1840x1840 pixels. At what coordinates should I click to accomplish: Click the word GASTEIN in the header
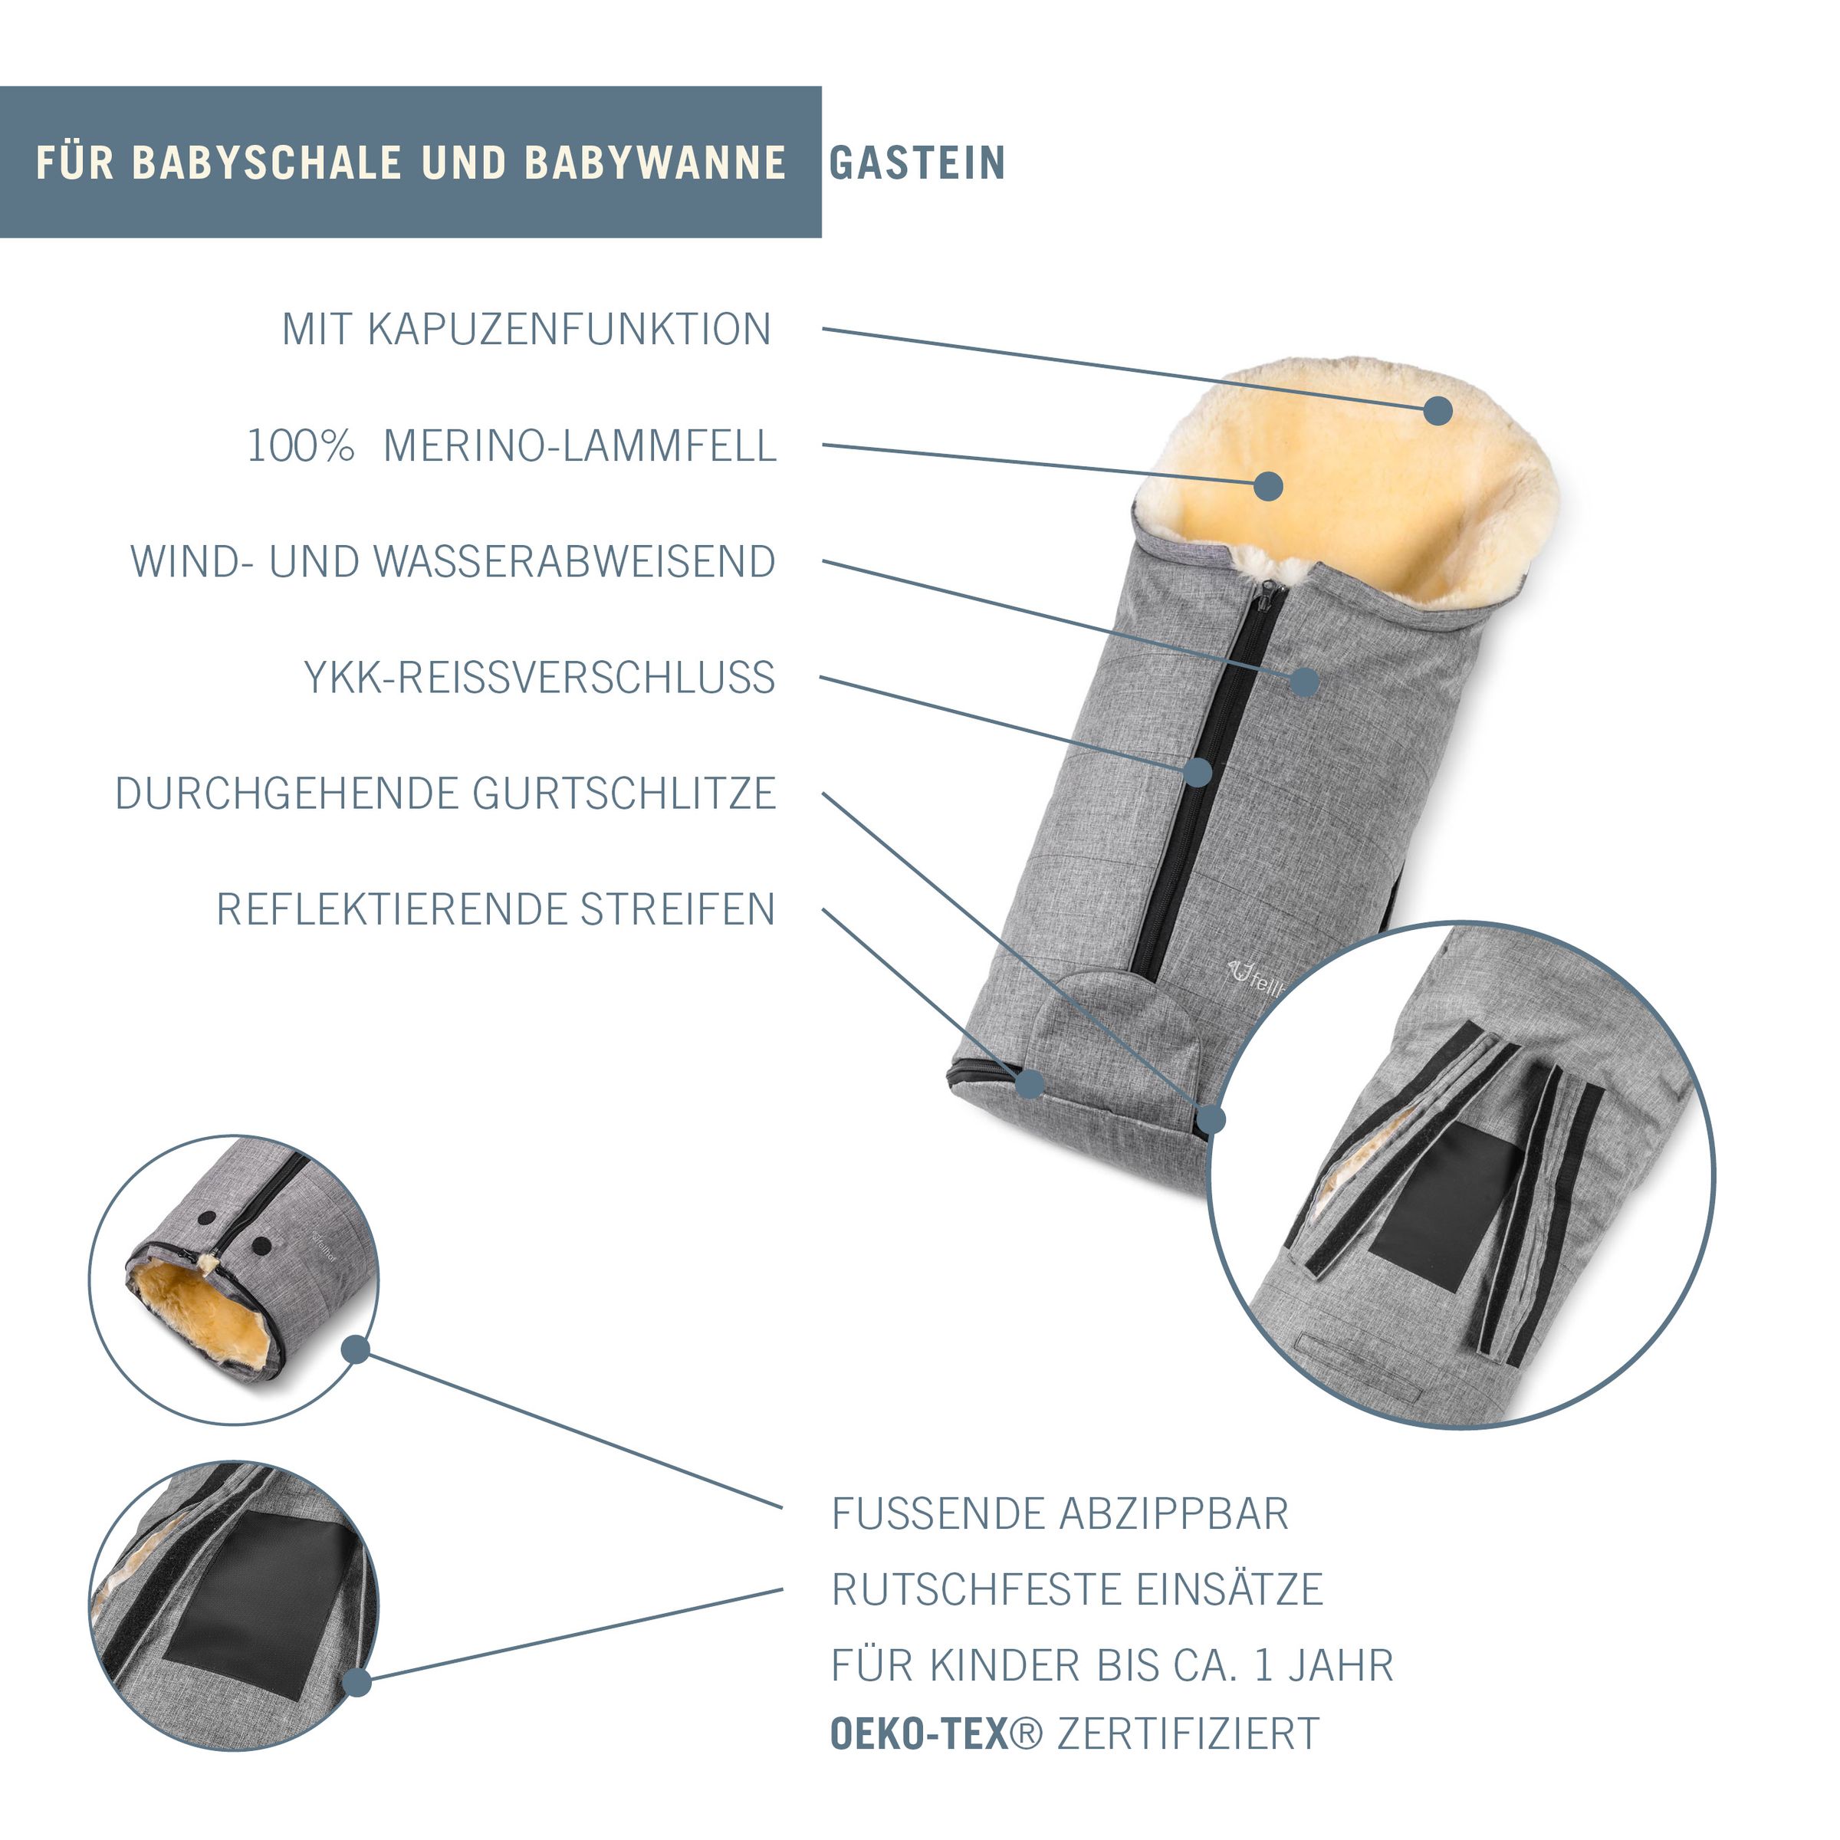[x=917, y=163]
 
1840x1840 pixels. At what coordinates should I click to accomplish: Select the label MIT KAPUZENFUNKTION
[x=527, y=330]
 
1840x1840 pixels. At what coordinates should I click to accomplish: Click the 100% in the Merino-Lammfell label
[x=301, y=445]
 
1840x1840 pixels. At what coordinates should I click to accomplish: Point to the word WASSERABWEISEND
[x=575, y=562]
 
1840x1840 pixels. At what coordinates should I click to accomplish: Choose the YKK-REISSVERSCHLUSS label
[x=540, y=678]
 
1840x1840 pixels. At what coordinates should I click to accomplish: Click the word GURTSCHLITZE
[x=625, y=794]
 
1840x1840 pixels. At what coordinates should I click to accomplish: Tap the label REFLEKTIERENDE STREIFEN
[x=496, y=909]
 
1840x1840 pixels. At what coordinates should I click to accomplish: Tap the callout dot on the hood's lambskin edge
[x=1438, y=412]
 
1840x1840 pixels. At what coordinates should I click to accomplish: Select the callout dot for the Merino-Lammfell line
[x=1267, y=486]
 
